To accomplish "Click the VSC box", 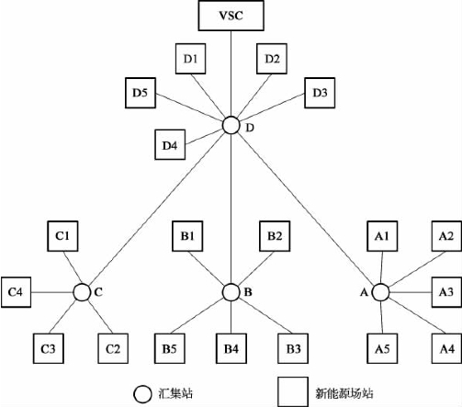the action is (231, 16).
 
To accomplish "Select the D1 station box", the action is (190, 59).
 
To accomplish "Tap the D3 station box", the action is (320, 93).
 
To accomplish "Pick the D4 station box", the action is (170, 145).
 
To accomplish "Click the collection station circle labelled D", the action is (231, 126).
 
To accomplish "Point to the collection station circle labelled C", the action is (82, 292).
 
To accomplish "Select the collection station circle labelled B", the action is (231, 292).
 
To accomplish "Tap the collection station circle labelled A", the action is (380, 292).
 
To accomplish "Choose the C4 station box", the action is (16, 292).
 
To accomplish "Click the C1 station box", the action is (62, 236).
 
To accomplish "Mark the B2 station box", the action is (275, 236).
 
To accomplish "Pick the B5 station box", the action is (170, 348).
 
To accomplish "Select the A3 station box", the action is (446, 292).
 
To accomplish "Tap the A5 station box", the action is (382, 348).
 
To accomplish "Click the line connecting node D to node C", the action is (156, 209).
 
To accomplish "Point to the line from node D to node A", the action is (306, 209).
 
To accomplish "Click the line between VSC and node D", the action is (231, 73).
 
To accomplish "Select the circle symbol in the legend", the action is (142, 394).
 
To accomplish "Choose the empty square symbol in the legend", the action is (293, 392).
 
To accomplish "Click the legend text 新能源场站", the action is (344, 393).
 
